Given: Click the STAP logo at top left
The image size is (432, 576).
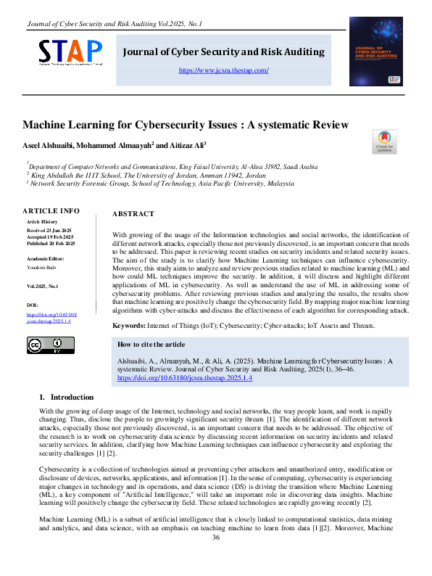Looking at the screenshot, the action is click(x=70, y=52).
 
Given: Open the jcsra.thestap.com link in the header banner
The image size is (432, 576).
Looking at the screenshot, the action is click(x=223, y=70).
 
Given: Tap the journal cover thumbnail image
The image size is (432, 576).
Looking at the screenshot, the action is click(x=375, y=52).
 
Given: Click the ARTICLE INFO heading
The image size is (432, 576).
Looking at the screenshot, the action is click(x=51, y=210).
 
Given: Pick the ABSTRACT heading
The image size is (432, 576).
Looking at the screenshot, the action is click(x=133, y=214).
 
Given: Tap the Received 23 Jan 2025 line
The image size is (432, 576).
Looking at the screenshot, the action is click(x=51, y=230).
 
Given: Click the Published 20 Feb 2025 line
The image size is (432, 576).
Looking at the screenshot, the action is click(x=51, y=243).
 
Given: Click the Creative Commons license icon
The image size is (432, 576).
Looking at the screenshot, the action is click(x=45, y=345).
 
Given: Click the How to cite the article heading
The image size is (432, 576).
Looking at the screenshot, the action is click(x=151, y=344).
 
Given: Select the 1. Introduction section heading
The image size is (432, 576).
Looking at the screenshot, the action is click(x=66, y=397).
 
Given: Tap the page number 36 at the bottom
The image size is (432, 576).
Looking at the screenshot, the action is click(x=215, y=557).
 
